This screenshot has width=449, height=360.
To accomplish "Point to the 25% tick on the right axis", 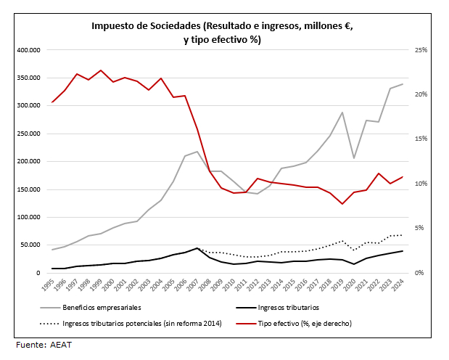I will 421,50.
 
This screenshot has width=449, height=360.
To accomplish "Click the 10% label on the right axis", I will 421,184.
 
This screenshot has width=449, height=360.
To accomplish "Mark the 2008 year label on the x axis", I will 207,284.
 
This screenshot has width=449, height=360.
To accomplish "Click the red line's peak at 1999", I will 100,70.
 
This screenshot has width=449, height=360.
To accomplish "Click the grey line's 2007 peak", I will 197,152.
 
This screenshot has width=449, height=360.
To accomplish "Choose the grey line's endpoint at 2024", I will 403,84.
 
